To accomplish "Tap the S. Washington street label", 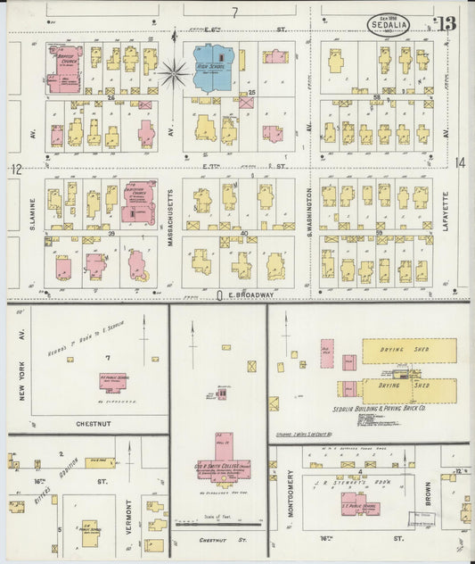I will click(310, 204).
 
